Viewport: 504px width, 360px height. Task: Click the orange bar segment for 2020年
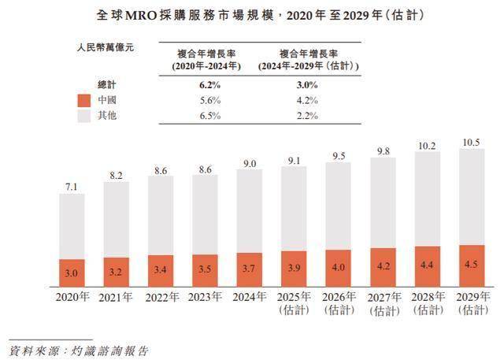[x=71, y=272]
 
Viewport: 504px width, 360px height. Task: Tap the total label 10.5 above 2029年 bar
[x=471, y=142]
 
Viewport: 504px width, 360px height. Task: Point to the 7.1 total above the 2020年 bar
[x=71, y=186]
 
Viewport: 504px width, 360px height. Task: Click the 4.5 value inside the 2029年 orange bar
[x=471, y=264]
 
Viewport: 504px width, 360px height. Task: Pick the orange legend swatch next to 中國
[x=84, y=100]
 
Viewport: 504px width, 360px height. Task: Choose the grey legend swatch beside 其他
[x=84, y=116]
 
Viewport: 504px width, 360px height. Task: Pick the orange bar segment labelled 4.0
[x=338, y=266]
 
